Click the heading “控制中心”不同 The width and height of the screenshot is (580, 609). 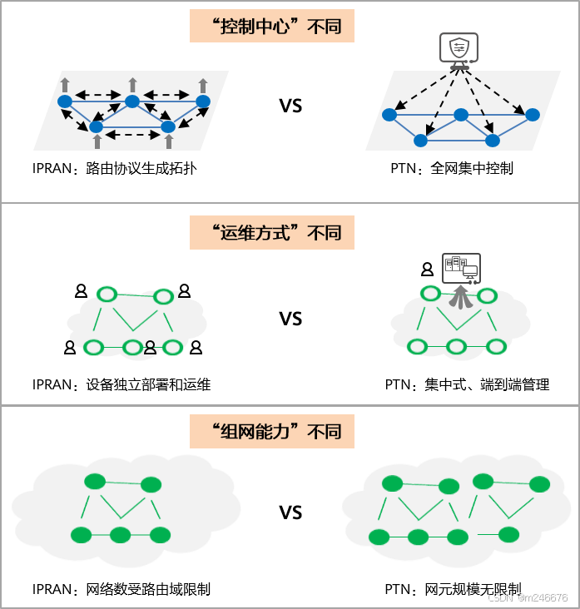pyautogui.click(x=272, y=27)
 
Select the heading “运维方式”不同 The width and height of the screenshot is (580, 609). pyautogui.click(x=272, y=232)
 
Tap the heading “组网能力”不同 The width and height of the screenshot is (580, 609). pyautogui.click(x=272, y=433)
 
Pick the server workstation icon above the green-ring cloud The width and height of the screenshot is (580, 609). pyautogui.click(x=460, y=268)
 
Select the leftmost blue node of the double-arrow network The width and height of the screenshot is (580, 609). pyautogui.click(x=65, y=101)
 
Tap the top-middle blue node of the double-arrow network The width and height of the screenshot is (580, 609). pyautogui.click(x=132, y=101)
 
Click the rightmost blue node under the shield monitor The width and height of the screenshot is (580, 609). pyautogui.click(x=533, y=115)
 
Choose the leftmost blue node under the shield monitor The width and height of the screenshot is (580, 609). pyautogui.click(x=389, y=115)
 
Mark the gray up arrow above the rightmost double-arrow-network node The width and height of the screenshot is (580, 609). pyautogui.click(x=203, y=84)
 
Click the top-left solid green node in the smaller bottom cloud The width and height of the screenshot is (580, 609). pyautogui.click(x=95, y=482)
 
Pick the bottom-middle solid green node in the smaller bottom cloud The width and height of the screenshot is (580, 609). pyautogui.click(x=121, y=535)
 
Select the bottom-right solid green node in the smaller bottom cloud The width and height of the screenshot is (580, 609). pyautogui.click(x=160, y=535)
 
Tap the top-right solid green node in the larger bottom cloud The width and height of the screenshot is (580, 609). pyautogui.click(x=539, y=484)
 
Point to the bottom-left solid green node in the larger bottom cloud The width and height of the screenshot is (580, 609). pyautogui.click(x=379, y=537)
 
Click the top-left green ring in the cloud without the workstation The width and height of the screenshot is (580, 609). pyautogui.click(x=107, y=294)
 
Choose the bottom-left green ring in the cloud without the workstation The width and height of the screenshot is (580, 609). pyautogui.click(x=93, y=348)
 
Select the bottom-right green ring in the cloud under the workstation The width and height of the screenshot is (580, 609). pyautogui.click(x=496, y=347)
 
